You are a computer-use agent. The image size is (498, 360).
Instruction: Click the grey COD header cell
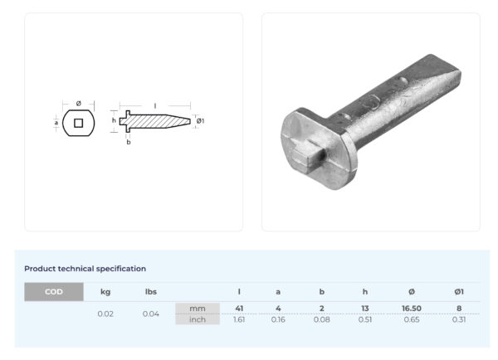(54, 291)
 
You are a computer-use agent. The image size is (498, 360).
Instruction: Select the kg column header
(105, 292)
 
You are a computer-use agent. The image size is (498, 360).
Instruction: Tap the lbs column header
(151, 291)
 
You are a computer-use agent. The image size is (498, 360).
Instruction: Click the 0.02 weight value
(105, 314)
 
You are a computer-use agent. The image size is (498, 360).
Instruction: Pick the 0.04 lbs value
(151, 314)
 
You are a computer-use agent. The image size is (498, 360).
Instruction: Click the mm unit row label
(198, 309)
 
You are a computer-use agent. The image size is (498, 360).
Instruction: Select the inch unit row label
(198, 319)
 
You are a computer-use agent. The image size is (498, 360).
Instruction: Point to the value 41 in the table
(239, 309)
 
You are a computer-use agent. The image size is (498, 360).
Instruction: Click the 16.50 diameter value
(412, 309)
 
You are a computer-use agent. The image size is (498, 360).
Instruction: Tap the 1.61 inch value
(239, 319)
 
